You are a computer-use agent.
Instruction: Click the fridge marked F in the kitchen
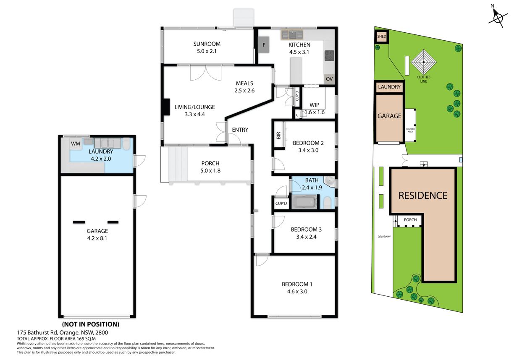click(264, 45)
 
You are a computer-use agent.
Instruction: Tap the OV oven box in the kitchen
click(329, 79)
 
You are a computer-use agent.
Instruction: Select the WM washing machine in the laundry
click(76, 144)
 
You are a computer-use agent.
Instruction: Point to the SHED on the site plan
click(382, 37)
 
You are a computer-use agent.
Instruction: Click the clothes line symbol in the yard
click(424, 62)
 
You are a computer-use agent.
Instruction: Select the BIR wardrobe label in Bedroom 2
click(278, 135)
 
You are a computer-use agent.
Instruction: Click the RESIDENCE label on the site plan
click(423, 196)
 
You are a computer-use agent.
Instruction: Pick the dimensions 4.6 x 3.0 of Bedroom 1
click(297, 292)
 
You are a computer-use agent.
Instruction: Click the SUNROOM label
click(207, 44)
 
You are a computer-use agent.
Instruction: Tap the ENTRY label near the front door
click(240, 130)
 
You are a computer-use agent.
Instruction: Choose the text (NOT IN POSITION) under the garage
click(91, 324)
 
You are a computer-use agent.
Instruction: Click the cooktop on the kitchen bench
click(329, 56)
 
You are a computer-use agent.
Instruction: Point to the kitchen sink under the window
click(292, 35)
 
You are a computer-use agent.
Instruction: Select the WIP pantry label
click(315, 105)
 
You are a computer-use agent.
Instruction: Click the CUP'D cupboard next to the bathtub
click(281, 204)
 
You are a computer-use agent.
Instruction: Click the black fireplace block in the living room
click(166, 107)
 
